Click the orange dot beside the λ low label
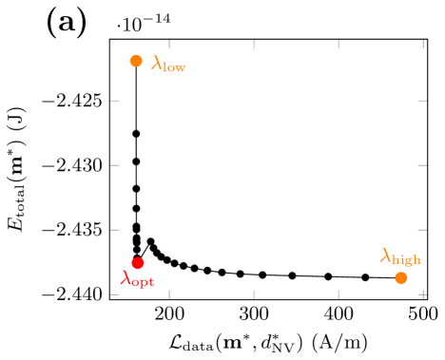pyautogui.click(x=136, y=61)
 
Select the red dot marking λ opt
pyautogui.click(x=138, y=263)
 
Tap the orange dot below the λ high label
pyautogui.click(x=401, y=277)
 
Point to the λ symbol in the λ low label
pyautogui.click(x=157, y=64)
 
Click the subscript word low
pyautogui.click(x=175, y=68)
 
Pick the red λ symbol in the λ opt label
pyautogui.click(x=126, y=277)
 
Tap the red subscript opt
pyautogui.click(x=143, y=282)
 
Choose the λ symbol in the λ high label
pyautogui.click(x=386, y=255)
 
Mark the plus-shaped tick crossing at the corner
pyautogui.click(x=422, y=294)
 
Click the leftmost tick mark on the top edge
pyautogui.click(x=169, y=45)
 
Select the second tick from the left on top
pyautogui.click(x=254, y=45)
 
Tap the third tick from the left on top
pyautogui.click(x=339, y=45)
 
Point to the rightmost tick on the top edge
pyautogui.click(x=422, y=45)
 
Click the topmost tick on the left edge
pyautogui.click(x=115, y=100)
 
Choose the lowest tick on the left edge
pyautogui.click(x=115, y=294)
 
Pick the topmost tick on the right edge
pyautogui.click(x=422, y=100)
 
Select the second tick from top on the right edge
pyautogui.click(x=422, y=164)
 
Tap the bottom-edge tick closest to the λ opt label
pyautogui.click(x=169, y=294)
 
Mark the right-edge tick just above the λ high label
pyautogui.click(x=422, y=230)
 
